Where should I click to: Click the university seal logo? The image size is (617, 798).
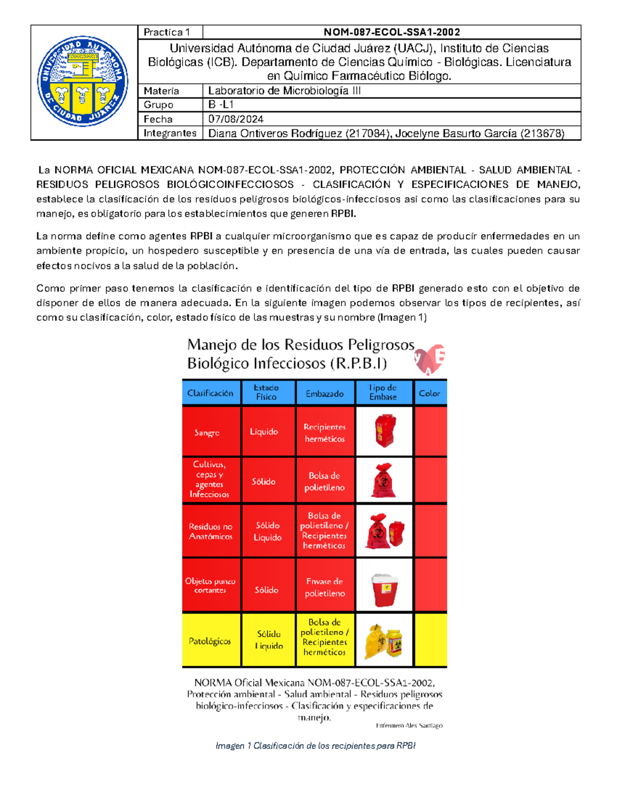click(83, 81)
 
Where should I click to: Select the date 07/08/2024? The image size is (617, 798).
click(236, 119)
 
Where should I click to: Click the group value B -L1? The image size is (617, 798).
click(221, 105)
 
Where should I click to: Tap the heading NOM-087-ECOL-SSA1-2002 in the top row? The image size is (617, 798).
click(391, 32)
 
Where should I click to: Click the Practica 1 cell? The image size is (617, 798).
click(167, 32)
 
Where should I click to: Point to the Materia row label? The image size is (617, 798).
click(161, 91)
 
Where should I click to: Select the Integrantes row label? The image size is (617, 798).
click(170, 134)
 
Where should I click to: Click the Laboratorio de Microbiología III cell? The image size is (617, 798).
click(284, 91)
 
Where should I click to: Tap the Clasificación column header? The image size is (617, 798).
click(210, 393)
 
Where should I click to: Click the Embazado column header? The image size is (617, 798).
click(324, 394)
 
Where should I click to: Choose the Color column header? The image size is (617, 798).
click(429, 393)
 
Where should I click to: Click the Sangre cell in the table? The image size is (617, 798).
click(207, 433)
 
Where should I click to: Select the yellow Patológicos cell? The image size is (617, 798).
click(210, 641)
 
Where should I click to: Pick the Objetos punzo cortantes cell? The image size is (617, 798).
click(210, 586)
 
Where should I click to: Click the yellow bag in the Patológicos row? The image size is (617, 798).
click(374, 641)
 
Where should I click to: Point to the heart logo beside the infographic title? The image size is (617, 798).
click(430, 359)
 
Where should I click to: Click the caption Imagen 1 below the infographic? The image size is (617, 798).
click(315, 746)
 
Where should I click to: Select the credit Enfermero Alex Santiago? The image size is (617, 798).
click(409, 726)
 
